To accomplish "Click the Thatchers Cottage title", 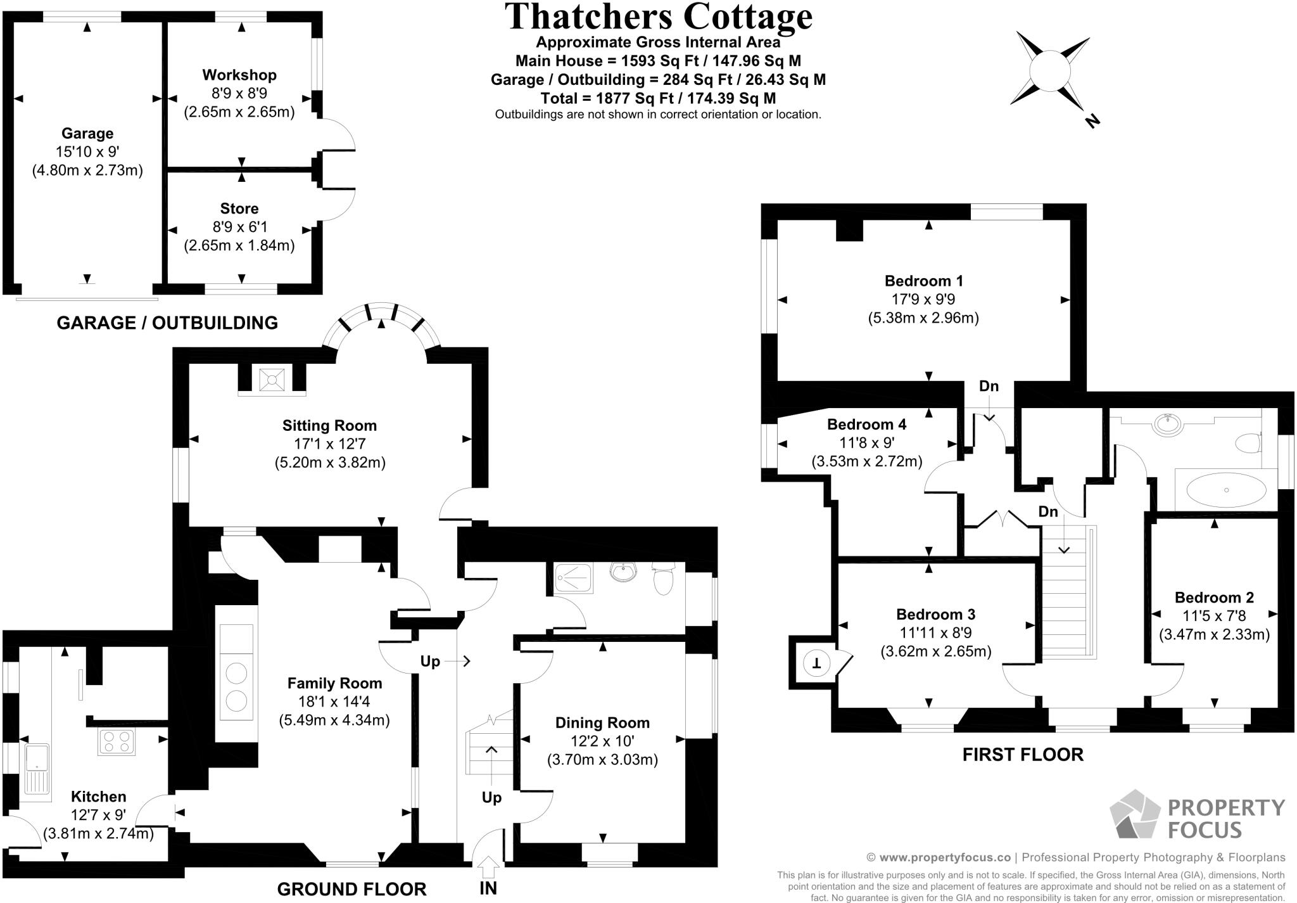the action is [x=659, y=16].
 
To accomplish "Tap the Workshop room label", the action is [x=239, y=75].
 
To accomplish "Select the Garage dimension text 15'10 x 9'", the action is [x=87, y=152].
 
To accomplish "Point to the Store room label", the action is [x=239, y=208].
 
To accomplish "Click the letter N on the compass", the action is [x=1091, y=121].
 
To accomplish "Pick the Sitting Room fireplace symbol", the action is [x=272, y=380].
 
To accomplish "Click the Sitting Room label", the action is [x=329, y=426].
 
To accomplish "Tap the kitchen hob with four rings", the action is [x=117, y=742].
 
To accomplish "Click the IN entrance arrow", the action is [x=488, y=866].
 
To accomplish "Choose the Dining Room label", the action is [x=602, y=723].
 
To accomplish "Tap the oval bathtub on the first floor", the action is [x=1226, y=490].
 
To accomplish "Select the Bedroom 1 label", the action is [x=924, y=281].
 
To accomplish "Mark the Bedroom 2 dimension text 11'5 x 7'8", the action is [x=1214, y=616].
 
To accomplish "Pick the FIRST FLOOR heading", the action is [x=1023, y=755].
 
